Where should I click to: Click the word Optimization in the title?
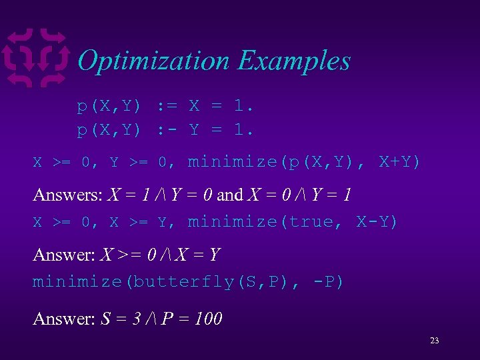153,61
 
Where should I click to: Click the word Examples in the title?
294,61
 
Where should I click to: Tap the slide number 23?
435,341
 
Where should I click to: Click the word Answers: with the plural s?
67,195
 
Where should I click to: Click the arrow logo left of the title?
37,58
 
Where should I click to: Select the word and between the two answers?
230,195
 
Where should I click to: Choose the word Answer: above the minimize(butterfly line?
64,255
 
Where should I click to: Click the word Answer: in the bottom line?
64,319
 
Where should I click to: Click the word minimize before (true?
232,221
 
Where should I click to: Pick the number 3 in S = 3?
137,319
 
